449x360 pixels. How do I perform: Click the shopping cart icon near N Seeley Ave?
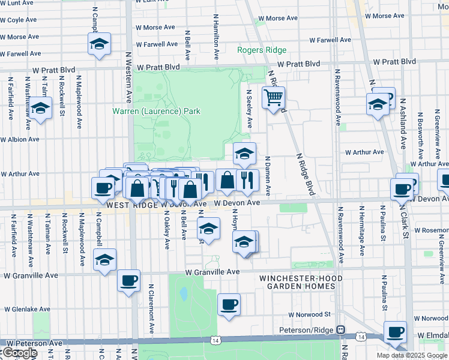click(x=273, y=97)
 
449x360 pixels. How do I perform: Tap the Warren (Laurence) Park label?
click(x=156, y=111)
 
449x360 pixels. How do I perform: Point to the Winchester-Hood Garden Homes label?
click(x=301, y=283)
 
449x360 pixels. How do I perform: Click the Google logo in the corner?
click(x=19, y=353)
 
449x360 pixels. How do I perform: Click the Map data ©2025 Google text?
click(x=411, y=355)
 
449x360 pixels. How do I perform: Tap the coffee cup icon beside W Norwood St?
click(x=229, y=304)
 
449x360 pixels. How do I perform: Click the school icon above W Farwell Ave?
click(x=99, y=44)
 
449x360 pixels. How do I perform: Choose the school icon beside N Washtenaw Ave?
click(x=40, y=109)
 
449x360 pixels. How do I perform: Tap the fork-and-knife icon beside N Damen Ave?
click(x=247, y=179)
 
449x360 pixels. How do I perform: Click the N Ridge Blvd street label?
click(x=307, y=173)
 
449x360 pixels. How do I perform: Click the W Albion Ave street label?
click(x=20, y=139)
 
